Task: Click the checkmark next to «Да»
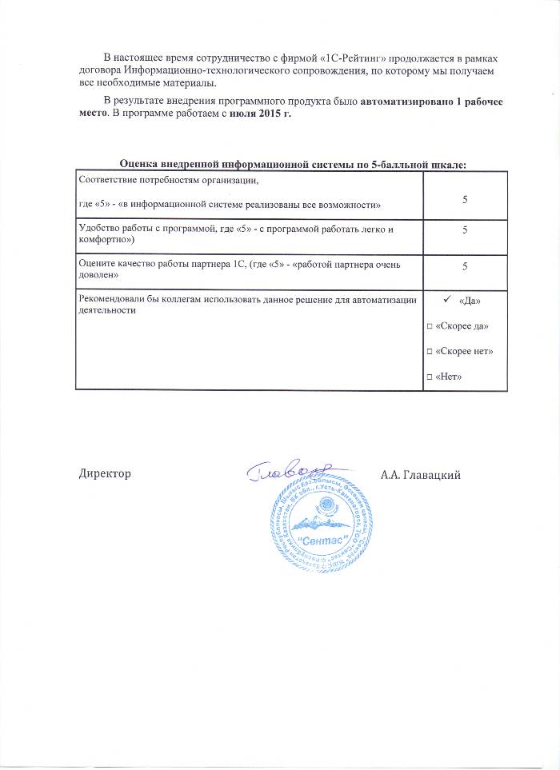(447, 300)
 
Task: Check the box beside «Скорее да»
(430, 326)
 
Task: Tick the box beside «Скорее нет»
(430, 351)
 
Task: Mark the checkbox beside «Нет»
(430, 377)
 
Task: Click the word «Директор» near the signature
(105, 474)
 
